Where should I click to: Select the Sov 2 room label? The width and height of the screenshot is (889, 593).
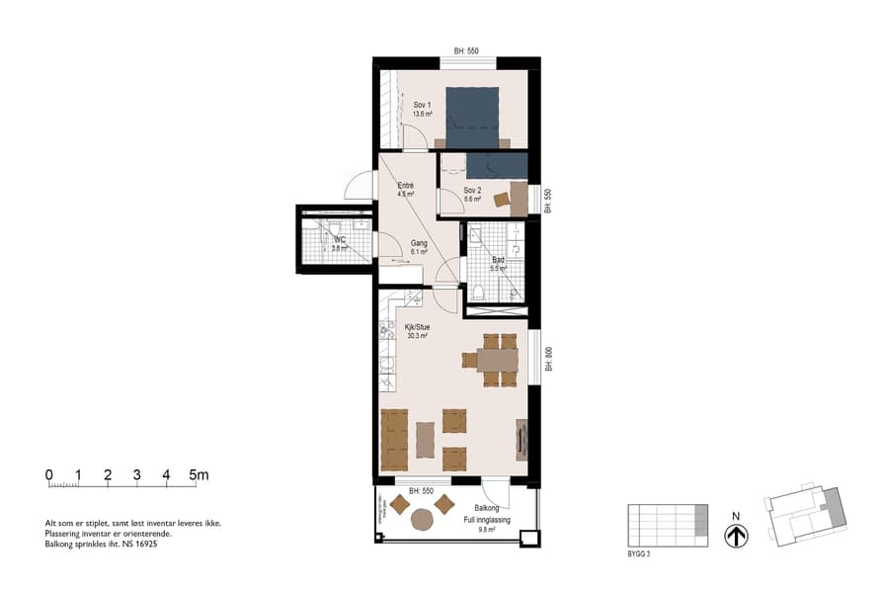[x=472, y=191]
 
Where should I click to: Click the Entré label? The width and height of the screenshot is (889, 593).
[x=405, y=186]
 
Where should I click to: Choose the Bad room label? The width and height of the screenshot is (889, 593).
[x=499, y=260]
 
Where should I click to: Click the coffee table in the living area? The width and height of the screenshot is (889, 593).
[x=426, y=440]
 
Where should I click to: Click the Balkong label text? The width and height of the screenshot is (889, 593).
[x=486, y=508]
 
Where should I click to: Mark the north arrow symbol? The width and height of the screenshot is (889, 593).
[x=736, y=535]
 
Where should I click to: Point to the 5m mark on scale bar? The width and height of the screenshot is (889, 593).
[x=199, y=475]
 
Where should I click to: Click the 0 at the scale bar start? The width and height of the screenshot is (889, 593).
[x=48, y=475]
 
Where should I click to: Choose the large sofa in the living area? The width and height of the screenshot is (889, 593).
[x=394, y=440]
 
